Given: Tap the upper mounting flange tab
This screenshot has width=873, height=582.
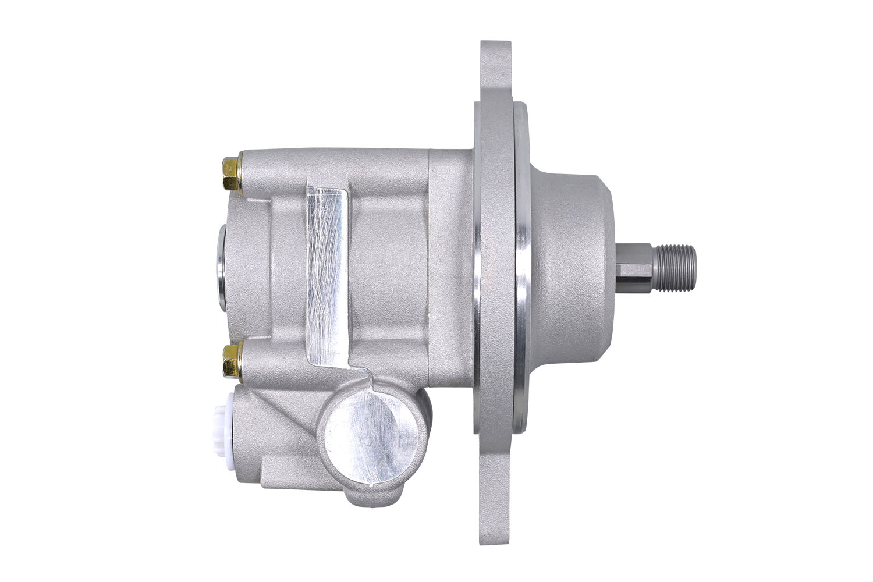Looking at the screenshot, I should point(496,70).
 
